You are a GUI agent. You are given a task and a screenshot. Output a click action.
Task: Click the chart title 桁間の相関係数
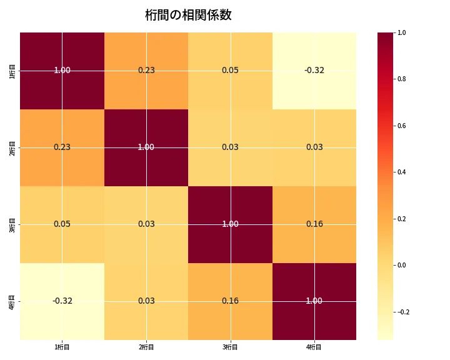point(188,15)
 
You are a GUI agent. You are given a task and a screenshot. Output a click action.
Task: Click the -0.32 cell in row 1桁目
point(314,71)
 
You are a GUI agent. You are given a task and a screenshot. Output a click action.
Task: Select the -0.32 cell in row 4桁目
point(62,301)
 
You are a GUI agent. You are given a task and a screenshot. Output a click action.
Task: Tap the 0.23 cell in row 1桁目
point(146,71)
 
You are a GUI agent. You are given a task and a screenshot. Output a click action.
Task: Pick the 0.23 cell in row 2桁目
point(62,147)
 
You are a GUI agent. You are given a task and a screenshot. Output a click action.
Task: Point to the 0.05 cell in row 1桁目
point(230,71)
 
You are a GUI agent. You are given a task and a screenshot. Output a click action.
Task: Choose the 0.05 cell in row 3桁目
point(62,224)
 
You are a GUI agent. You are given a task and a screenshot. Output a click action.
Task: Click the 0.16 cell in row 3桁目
point(314,224)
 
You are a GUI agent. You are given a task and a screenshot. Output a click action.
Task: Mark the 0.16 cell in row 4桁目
point(230,301)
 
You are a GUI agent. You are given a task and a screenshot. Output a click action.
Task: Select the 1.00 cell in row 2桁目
point(146,147)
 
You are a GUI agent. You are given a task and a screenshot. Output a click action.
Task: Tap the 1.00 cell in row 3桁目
point(230,224)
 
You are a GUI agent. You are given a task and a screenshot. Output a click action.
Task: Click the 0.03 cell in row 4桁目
point(146,301)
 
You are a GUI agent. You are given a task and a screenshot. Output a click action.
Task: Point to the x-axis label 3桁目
point(230,347)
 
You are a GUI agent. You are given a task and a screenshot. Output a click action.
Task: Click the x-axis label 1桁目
point(62,347)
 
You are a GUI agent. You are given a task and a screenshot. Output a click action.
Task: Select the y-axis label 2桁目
point(12,147)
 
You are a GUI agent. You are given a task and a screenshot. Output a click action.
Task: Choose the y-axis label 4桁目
point(12,301)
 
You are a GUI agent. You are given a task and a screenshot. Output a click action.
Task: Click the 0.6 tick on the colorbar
point(402,126)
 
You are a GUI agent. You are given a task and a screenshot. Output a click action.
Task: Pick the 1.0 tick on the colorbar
point(402,32)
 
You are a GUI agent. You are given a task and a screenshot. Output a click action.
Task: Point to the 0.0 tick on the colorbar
point(402,265)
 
